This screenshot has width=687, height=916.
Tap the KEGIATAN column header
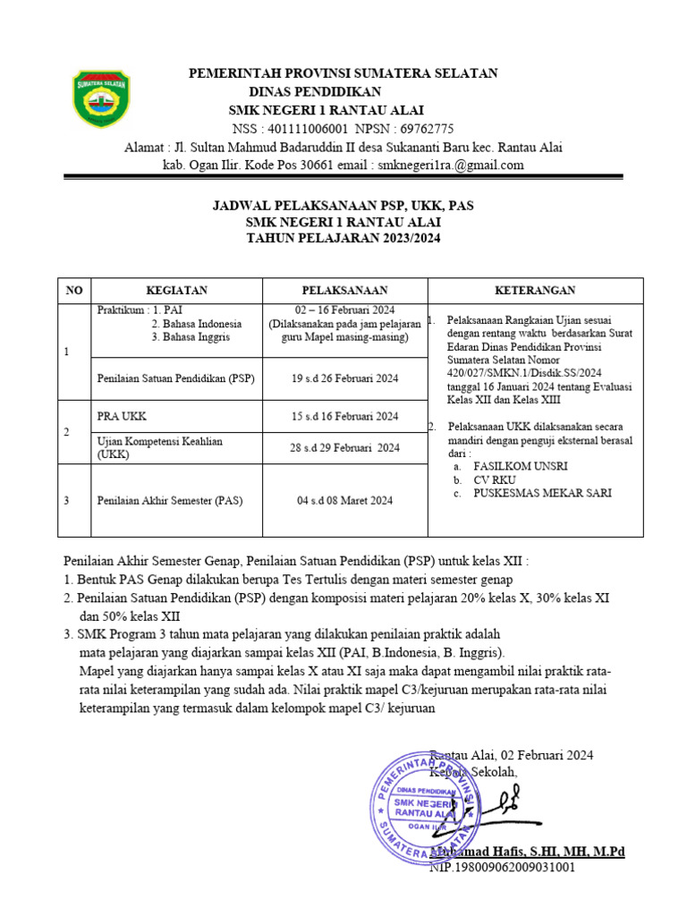(x=176, y=291)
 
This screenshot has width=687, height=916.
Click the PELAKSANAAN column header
(x=344, y=291)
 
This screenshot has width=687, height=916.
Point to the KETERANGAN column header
(x=535, y=291)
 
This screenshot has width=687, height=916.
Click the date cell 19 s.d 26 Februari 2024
(x=344, y=378)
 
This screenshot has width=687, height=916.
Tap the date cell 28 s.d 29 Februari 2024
(x=344, y=447)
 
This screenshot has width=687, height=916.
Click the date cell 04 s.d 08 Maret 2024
(x=344, y=500)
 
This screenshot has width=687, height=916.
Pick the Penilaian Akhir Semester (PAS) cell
(x=169, y=500)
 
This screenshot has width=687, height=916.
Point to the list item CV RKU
(x=496, y=479)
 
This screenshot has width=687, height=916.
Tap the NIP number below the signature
(x=503, y=867)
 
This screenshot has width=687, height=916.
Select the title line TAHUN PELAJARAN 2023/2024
(x=343, y=238)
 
